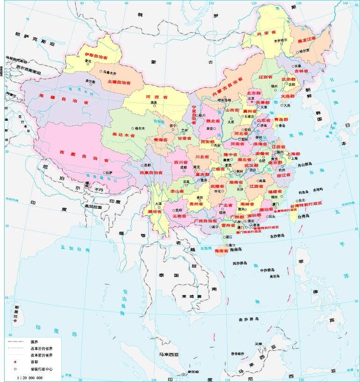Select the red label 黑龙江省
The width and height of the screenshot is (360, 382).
click(307, 39)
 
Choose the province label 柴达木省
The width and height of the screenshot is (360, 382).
click(124, 134)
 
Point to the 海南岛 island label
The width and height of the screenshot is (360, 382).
click(237, 250)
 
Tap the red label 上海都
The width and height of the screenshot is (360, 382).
click(293, 154)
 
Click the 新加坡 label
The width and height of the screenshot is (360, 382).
click(193, 372)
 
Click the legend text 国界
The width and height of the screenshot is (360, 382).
click(34, 342)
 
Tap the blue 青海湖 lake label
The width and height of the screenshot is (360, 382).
click(160, 121)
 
